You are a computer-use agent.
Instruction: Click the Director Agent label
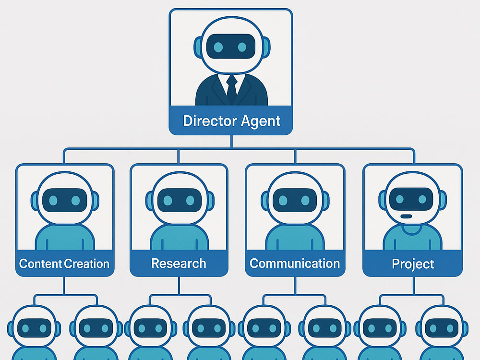(231, 121)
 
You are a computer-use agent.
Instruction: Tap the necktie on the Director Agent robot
(232, 89)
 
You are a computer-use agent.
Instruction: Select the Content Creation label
(64, 264)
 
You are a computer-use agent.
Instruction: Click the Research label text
(179, 263)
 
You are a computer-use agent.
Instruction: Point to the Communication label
(295, 263)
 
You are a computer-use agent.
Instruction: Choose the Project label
(413, 264)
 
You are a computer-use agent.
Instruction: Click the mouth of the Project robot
(406, 216)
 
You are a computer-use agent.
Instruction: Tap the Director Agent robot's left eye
(218, 47)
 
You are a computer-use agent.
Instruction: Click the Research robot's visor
(180, 200)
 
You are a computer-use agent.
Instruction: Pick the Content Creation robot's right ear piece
(95, 201)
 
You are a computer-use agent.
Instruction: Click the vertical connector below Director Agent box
(231, 142)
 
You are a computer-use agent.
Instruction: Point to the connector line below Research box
(179, 286)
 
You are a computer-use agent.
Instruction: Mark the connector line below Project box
(413, 286)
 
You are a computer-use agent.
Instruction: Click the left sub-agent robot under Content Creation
(34, 333)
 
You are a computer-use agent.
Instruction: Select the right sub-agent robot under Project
(442, 333)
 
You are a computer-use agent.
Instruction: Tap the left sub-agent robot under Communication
(264, 333)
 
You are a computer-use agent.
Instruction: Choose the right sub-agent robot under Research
(209, 333)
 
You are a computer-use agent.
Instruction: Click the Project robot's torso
(413, 237)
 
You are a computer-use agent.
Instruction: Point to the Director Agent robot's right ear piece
(266, 48)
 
